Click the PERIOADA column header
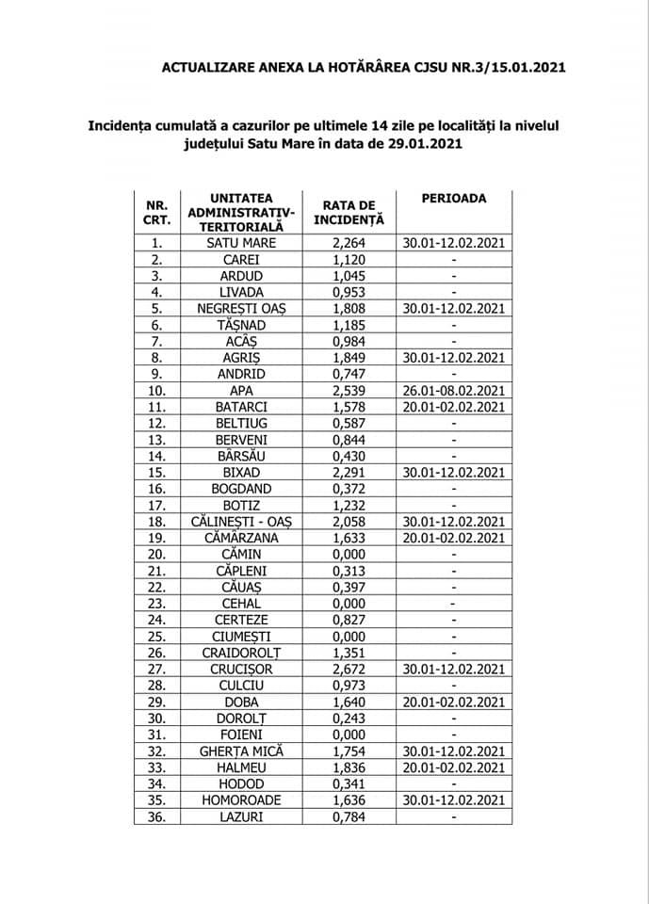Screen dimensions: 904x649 [454, 199]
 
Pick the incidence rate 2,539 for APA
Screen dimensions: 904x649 [349, 390]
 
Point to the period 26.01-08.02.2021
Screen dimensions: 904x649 [454, 390]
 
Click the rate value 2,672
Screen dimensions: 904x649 [349, 669]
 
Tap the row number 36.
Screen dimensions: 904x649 [157, 816]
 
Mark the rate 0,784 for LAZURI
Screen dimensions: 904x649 [349, 816]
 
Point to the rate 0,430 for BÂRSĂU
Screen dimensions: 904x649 [349, 456]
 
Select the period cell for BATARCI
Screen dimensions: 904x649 [454, 407]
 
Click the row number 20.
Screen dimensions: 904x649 [157, 554]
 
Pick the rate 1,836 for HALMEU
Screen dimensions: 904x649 [349, 767]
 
